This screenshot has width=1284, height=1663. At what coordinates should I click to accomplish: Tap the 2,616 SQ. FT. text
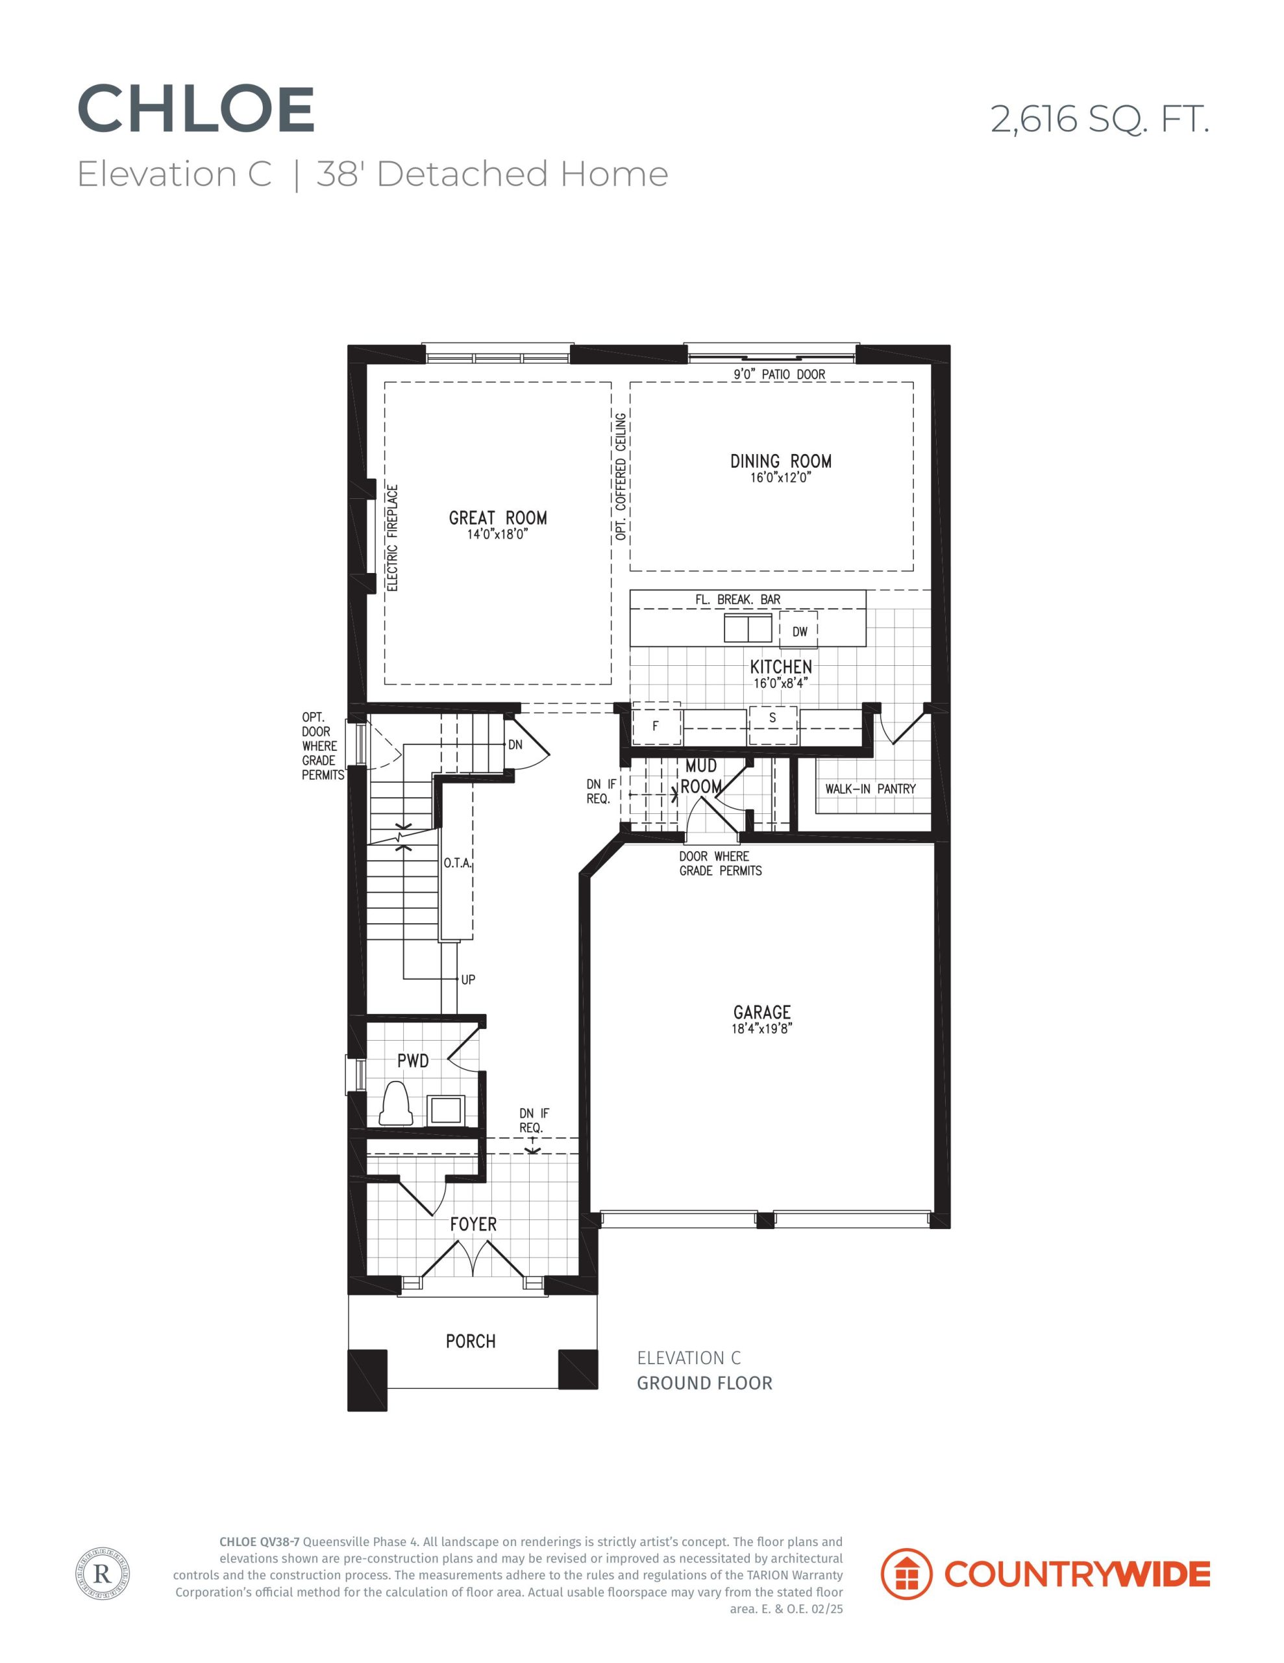1099,120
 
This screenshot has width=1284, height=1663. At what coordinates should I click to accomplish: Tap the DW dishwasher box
798,631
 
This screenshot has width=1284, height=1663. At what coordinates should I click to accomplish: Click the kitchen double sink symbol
747,629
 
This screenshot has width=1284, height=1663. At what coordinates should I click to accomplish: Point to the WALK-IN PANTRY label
870,788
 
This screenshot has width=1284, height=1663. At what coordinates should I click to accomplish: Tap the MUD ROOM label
700,776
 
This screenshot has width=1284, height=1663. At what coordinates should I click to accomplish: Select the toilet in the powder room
396,1103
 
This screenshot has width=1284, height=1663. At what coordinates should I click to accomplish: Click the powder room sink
445,1110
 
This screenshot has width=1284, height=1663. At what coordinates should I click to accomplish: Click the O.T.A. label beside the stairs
458,863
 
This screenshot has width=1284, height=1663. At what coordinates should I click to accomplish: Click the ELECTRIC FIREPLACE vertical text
393,538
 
